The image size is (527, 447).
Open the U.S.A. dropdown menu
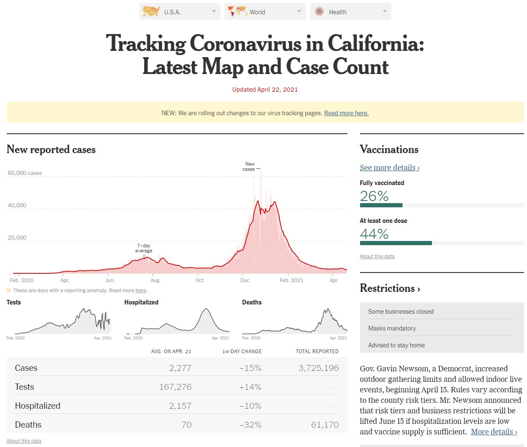tap(180, 12)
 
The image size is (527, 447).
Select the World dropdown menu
tap(265, 12)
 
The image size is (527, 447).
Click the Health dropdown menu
tap(350, 12)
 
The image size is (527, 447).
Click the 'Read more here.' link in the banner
tap(346, 113)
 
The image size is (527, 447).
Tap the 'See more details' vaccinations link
tap(389, 167)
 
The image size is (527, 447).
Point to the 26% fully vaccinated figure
tap(374, 196)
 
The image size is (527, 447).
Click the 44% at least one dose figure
tap(374, 234)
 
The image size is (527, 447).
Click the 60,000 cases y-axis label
tap(25, 173)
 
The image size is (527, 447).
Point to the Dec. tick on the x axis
tap(245, 280)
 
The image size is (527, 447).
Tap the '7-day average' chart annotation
tap(143, 248)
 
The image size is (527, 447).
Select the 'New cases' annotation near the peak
tap(249, 167)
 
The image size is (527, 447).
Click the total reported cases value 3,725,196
tap(318, 368)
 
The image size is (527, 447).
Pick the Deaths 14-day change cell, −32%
tap(250, 425)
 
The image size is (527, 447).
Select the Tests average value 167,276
tap(175, 387)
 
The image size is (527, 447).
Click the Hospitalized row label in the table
tap(37, 406)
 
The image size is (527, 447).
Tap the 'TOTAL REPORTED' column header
tap(317, 352)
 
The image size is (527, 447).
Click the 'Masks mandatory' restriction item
tap(392, 328)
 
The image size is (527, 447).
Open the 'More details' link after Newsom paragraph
tap(494, 432)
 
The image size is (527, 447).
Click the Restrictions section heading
tap(390, 288)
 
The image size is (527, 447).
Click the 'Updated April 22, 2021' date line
tap(265, 90)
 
